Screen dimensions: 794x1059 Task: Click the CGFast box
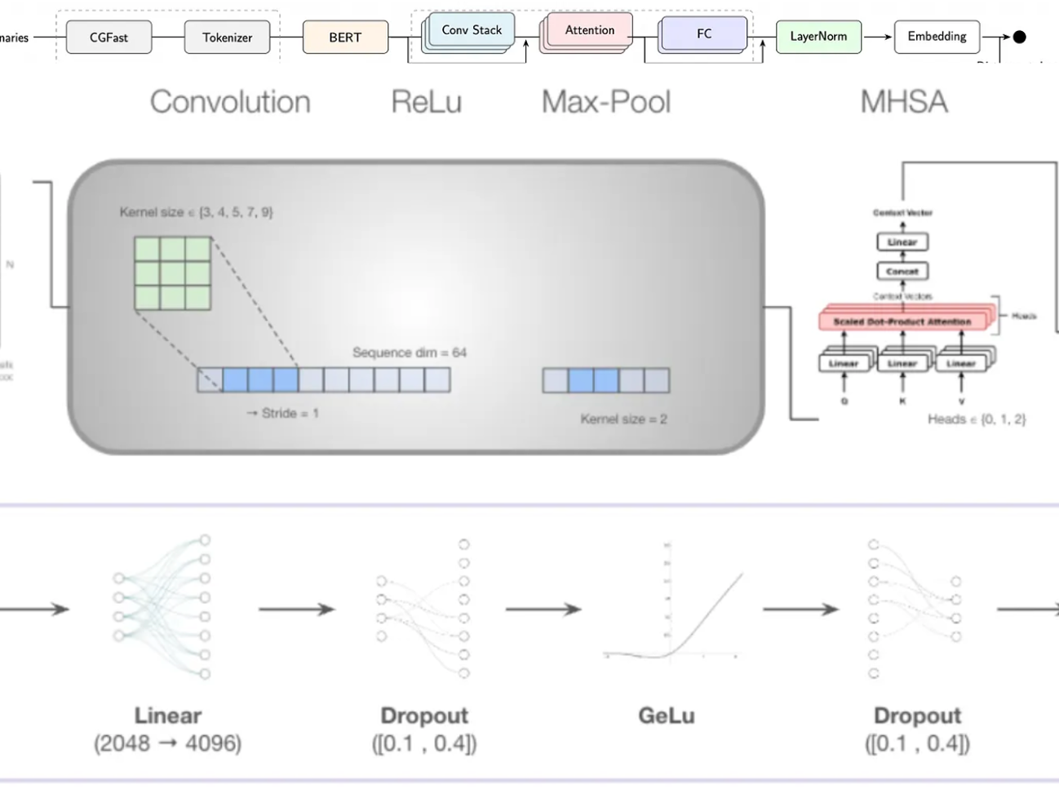tap(109, 38)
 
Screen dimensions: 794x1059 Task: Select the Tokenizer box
tap(227, 38)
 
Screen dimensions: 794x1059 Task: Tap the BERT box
tap(345, 38)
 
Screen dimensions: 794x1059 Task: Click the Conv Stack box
tap(472, 30)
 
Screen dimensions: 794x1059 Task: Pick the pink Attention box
tap(590, 30)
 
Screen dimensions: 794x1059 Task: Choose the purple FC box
tap(704, 34)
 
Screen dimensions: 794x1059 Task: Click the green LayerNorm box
tap(818, 37)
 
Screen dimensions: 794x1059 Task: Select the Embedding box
tap(937, 37)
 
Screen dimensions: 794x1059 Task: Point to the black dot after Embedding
tap(1019, 37)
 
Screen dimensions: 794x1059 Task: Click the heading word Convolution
tap(230, 102)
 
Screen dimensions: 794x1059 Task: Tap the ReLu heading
tap(426, 102)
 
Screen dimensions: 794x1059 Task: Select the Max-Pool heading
tap(606, 102)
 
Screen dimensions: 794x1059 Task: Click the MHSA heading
tap(904, 102)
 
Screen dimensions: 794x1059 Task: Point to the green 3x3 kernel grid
tap(173, 273)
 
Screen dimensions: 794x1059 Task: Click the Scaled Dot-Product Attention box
tap(902, 322)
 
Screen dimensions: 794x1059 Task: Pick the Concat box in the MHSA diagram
tap(902, 271)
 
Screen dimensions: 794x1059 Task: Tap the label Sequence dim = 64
tap(410, 353)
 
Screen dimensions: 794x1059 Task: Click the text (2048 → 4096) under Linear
tap(167, 743)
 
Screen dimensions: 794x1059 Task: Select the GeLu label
tap(667, 716)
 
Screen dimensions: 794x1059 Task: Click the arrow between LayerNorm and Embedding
tap(877, 37)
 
